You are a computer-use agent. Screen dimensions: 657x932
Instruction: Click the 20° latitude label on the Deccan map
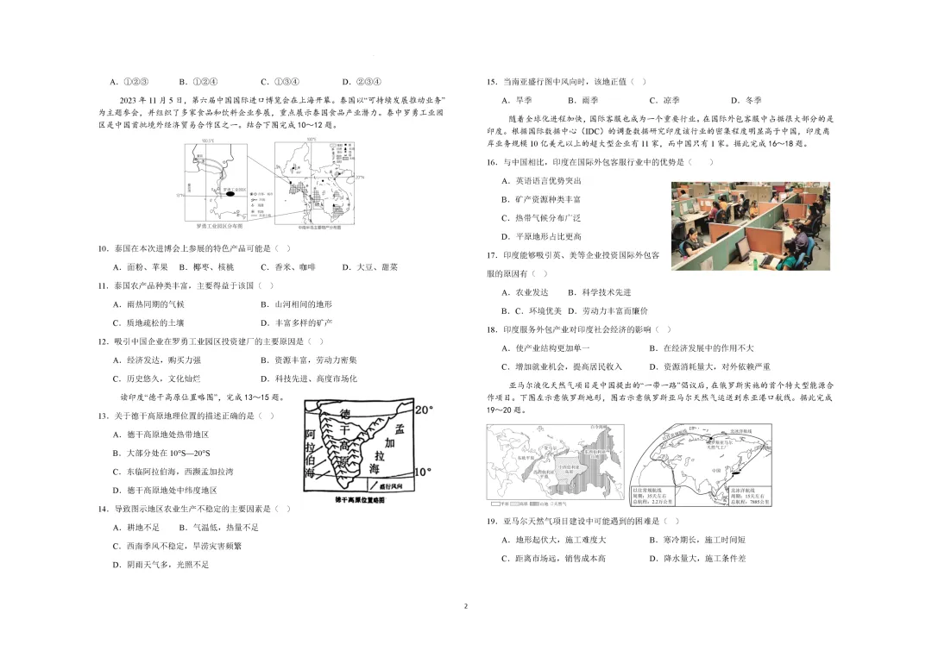(423, 410)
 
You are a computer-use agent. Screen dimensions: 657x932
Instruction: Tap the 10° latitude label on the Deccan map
(422, 472)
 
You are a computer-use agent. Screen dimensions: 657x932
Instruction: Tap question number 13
(103, 416)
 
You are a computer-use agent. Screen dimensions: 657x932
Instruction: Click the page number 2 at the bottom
(466, 606)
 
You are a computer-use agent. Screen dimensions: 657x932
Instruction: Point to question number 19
(491, 522)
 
